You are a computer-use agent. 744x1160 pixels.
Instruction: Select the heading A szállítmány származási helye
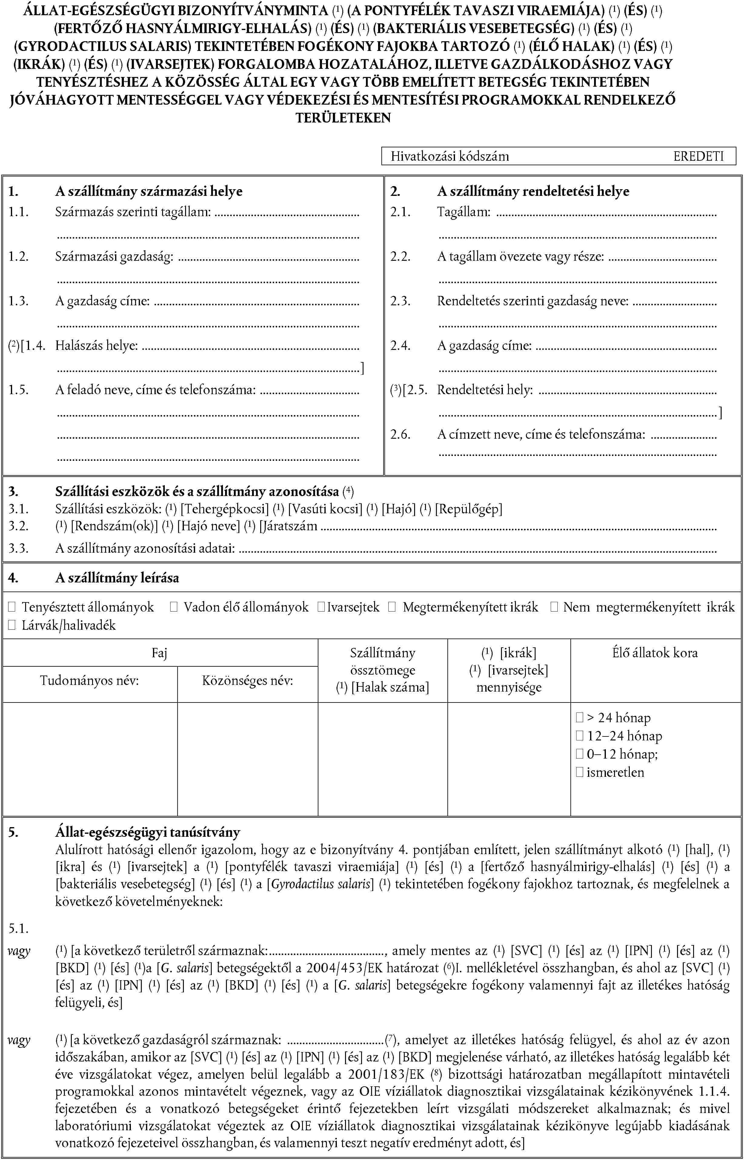pyautogui.click(x=148, y=192)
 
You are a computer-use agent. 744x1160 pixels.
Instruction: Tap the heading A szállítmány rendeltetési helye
pyautogui.click(x=533, y=192)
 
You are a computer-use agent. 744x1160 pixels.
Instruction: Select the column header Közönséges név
pyautogui.click(x=247, y=681)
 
